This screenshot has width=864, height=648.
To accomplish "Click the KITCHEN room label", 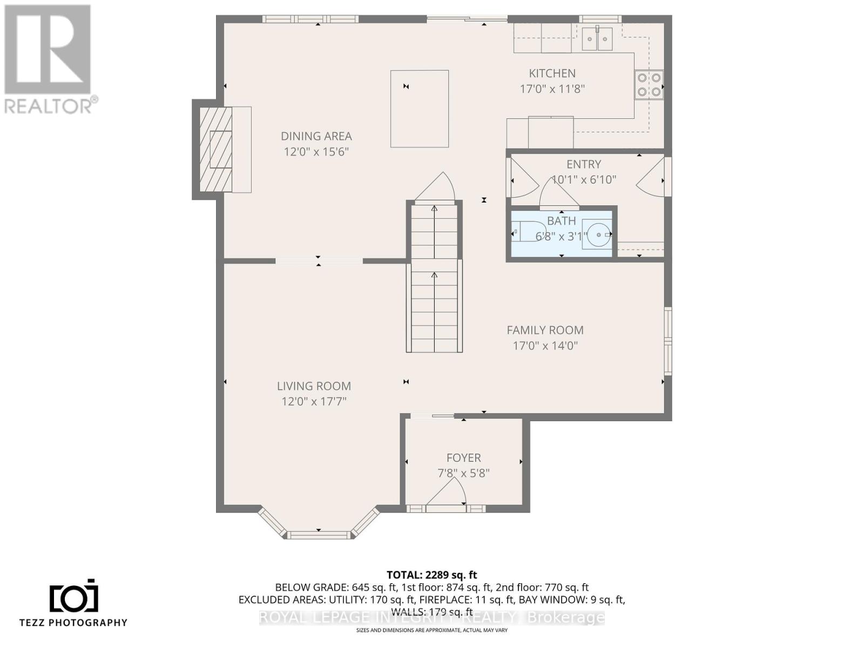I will [x=552, y=73].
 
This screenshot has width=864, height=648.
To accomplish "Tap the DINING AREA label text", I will [x=316, y=137].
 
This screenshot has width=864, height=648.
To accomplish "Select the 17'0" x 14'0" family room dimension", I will [x=545, y=346].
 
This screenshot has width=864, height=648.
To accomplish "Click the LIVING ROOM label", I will [x=314, y=386].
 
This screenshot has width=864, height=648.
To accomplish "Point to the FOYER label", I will [x=463, y=458].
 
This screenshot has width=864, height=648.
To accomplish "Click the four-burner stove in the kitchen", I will [x=649, y=85].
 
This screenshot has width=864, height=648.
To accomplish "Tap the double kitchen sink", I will [x=597, y=38].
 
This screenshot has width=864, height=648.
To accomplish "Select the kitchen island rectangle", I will [x=420, y=109].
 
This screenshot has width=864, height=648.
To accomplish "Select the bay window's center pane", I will [x=318, y=535].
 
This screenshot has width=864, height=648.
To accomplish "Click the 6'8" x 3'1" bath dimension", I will [x=561, y=237].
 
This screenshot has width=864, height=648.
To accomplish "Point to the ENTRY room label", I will [x=583, y=164].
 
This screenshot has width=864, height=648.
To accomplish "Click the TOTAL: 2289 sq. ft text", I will [x=431, y=575].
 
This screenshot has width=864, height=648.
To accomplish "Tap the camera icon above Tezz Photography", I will [x=74, y=597].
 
